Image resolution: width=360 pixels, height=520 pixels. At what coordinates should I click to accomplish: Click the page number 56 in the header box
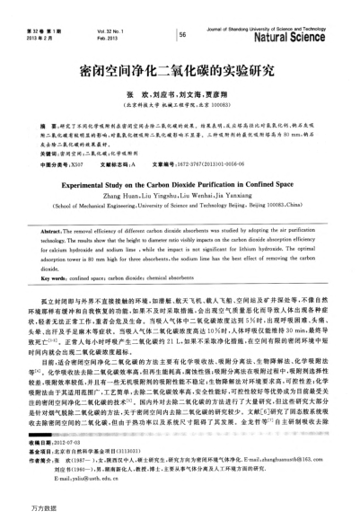point(182,34)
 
